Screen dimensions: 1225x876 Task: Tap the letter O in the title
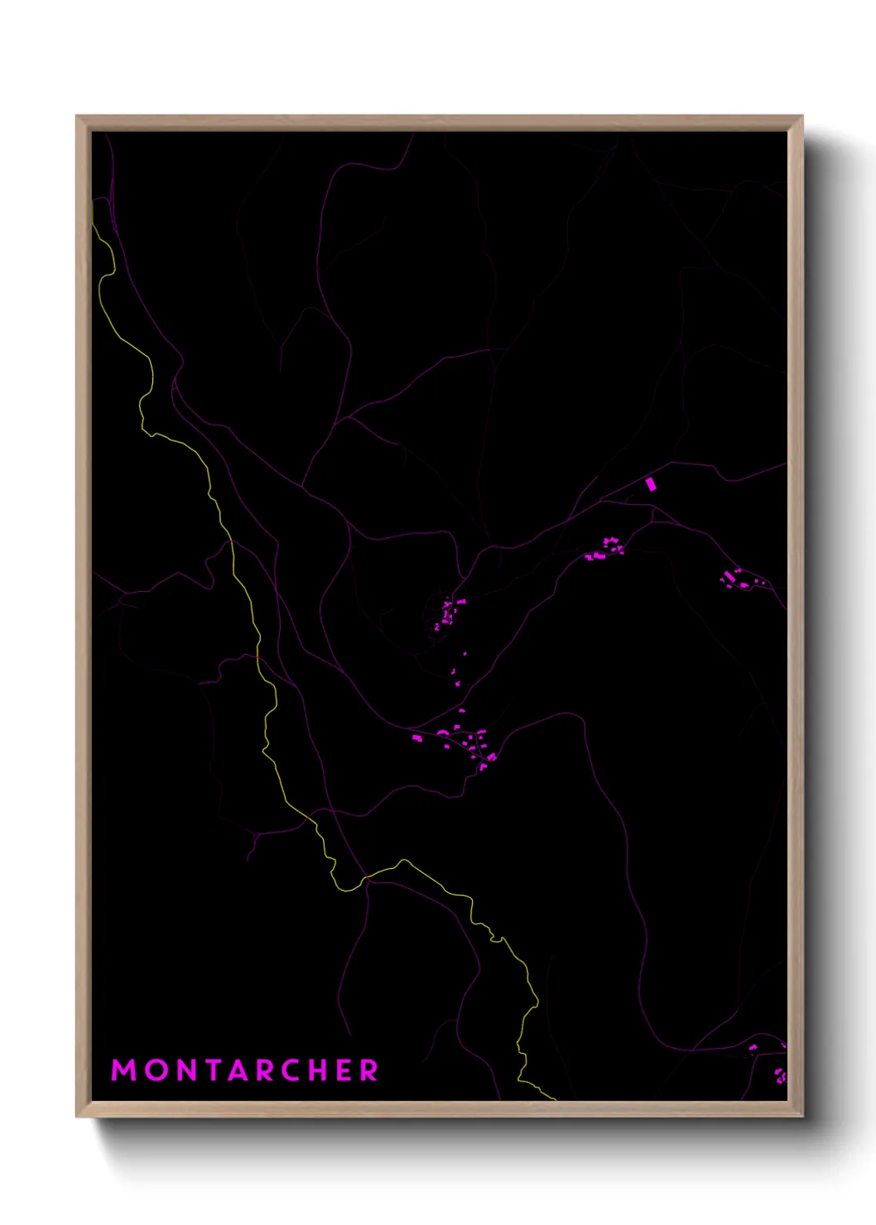(x=157, y=1070)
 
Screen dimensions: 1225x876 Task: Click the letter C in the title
(x=301, y=1070)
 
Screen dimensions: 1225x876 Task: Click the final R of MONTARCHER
(x=370, y=1070)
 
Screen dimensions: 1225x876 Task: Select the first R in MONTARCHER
(x=272, y=1070)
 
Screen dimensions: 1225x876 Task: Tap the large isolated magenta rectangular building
(x=651, y=484)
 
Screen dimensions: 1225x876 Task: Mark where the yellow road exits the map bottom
(x=552, y=1098)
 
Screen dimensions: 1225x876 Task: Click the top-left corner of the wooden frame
(x=78, y=117)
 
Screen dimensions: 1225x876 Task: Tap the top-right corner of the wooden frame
(x=801, y=117)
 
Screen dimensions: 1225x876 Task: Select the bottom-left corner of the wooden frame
(x=78, y=1116)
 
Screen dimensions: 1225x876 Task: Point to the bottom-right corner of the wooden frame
(x=801, y=1116)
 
